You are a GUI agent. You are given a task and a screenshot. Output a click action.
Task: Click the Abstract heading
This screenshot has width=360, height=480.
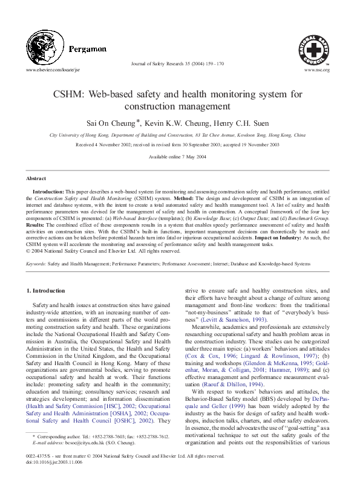pos(36,179)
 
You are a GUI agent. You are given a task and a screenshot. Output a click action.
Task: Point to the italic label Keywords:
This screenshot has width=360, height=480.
pos(36,264)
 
